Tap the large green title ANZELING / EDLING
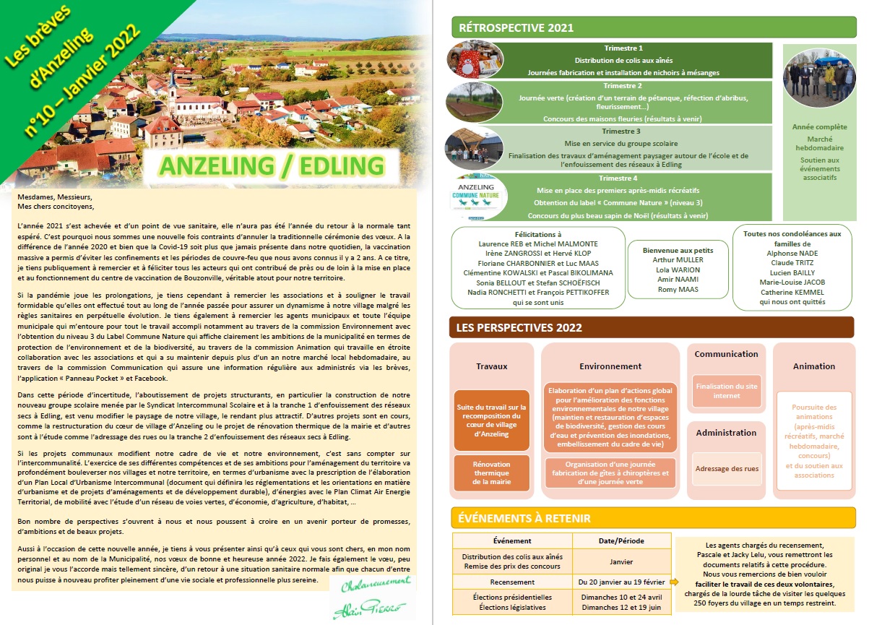(272, 165)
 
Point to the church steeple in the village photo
(173, 76)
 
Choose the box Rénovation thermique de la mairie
(491, 473)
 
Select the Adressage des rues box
(726, 469)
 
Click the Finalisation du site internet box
(726, 391)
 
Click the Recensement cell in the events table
(512, 581)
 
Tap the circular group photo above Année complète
(818, 77)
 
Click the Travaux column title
(491, 366)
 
